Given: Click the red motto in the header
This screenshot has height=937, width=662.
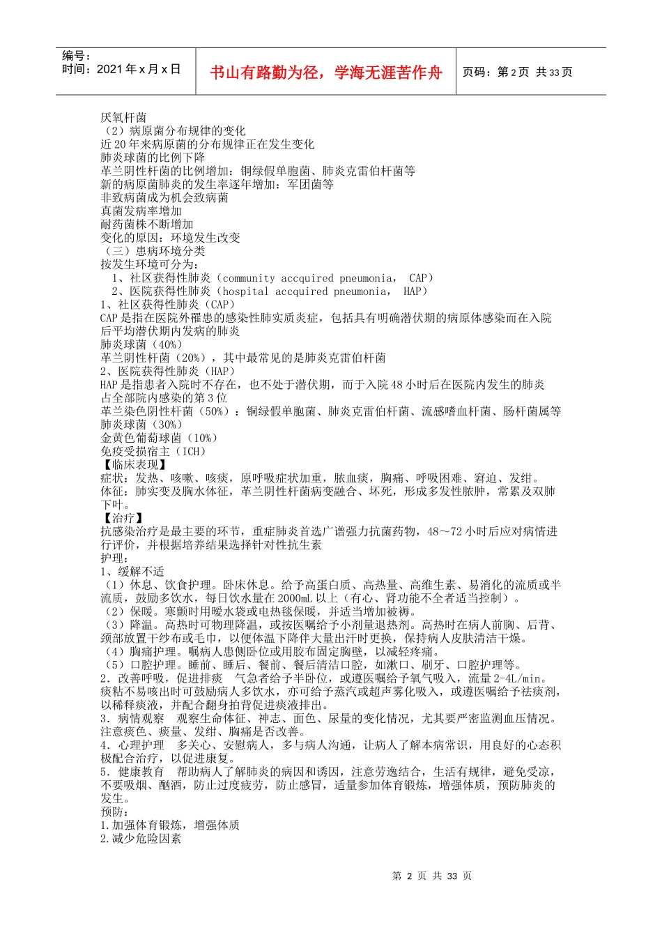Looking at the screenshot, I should [x=326, y=72].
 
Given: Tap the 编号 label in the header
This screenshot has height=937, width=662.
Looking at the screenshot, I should [x=77, y=56].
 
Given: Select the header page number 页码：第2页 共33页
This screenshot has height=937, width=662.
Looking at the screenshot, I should [x=517, y=72].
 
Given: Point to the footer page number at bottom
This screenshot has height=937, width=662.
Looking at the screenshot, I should [x=432, y=876].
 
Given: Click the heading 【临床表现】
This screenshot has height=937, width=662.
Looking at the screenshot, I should [x=134, y=464].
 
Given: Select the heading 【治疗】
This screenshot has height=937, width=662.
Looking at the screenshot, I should [x=123, y=518].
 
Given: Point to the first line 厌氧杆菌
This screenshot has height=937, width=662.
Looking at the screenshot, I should [x=123, y=117].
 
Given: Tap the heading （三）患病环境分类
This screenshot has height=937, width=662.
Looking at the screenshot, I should [x=153, y=251].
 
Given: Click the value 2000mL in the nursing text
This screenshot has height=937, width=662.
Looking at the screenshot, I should [x=293, y=598].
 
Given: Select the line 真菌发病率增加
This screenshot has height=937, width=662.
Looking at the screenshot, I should [x=141, y=211].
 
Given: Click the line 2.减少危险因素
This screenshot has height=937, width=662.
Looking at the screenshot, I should [x=141, y=839].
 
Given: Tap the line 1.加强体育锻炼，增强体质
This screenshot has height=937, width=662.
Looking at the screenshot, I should [x=170, y=825].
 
